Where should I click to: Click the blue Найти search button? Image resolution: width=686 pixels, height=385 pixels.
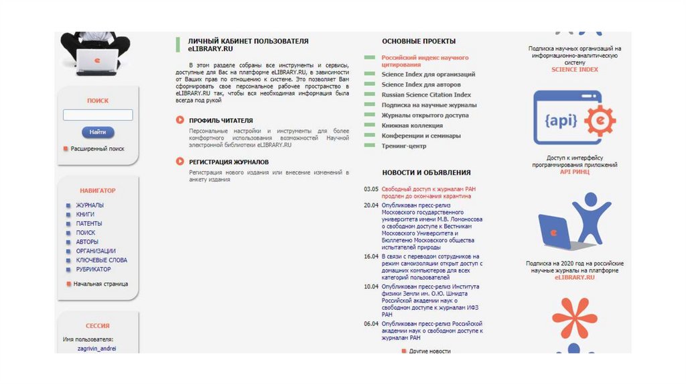98,132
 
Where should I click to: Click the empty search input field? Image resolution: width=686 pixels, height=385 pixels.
98,115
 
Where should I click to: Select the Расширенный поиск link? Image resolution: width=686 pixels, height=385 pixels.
97,149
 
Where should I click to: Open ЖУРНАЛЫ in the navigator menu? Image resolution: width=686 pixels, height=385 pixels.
90,205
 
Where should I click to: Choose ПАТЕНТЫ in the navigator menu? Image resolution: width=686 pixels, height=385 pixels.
89,223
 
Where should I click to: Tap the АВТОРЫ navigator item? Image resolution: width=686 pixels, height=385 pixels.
87,241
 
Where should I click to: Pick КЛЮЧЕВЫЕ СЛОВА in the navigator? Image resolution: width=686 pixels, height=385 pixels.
101,260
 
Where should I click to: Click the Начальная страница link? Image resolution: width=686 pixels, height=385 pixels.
100,284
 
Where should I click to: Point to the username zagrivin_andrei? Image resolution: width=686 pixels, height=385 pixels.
96,349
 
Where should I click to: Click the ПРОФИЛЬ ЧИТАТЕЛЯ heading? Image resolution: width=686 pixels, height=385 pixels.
220,120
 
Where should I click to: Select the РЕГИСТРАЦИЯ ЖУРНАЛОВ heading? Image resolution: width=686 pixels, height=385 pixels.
228,162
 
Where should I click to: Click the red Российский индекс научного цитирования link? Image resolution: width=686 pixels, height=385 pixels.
425,61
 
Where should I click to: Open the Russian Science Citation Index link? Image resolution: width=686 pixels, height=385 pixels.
426,95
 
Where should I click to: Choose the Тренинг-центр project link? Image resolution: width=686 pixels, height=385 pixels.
404,146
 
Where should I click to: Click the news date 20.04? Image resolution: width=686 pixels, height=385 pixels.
371,205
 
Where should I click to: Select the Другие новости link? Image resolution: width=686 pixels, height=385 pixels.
429,351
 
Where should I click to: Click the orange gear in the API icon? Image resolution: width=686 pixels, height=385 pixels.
599,121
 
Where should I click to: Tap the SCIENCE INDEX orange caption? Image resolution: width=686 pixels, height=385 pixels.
575,70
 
